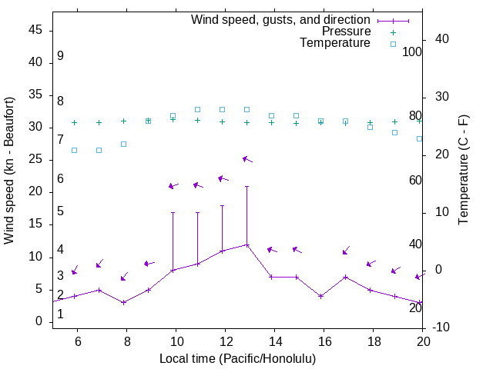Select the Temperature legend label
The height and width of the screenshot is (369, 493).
coord(335,43)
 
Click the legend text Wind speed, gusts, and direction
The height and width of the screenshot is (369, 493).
coord(281,20)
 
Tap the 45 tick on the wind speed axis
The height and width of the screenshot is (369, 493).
coord(35,29)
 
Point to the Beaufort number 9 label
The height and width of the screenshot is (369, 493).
coord(60,56)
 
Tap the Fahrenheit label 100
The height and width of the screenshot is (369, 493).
coord(413,52)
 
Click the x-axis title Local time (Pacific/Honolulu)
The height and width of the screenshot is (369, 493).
coord(237,358)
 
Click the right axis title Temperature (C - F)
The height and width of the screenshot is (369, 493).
coord(463,171)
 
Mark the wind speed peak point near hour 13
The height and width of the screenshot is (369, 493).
coord(247,244)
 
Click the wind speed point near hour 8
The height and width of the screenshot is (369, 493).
coord(123,302)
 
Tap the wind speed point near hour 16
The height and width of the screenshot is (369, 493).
coord(321,296)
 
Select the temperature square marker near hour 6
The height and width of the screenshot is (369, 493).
coord(74,150)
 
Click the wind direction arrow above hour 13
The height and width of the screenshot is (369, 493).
coord(247,159)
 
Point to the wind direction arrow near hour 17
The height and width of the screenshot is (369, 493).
coord(346,251)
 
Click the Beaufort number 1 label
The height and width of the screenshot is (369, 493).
coord(60,314)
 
